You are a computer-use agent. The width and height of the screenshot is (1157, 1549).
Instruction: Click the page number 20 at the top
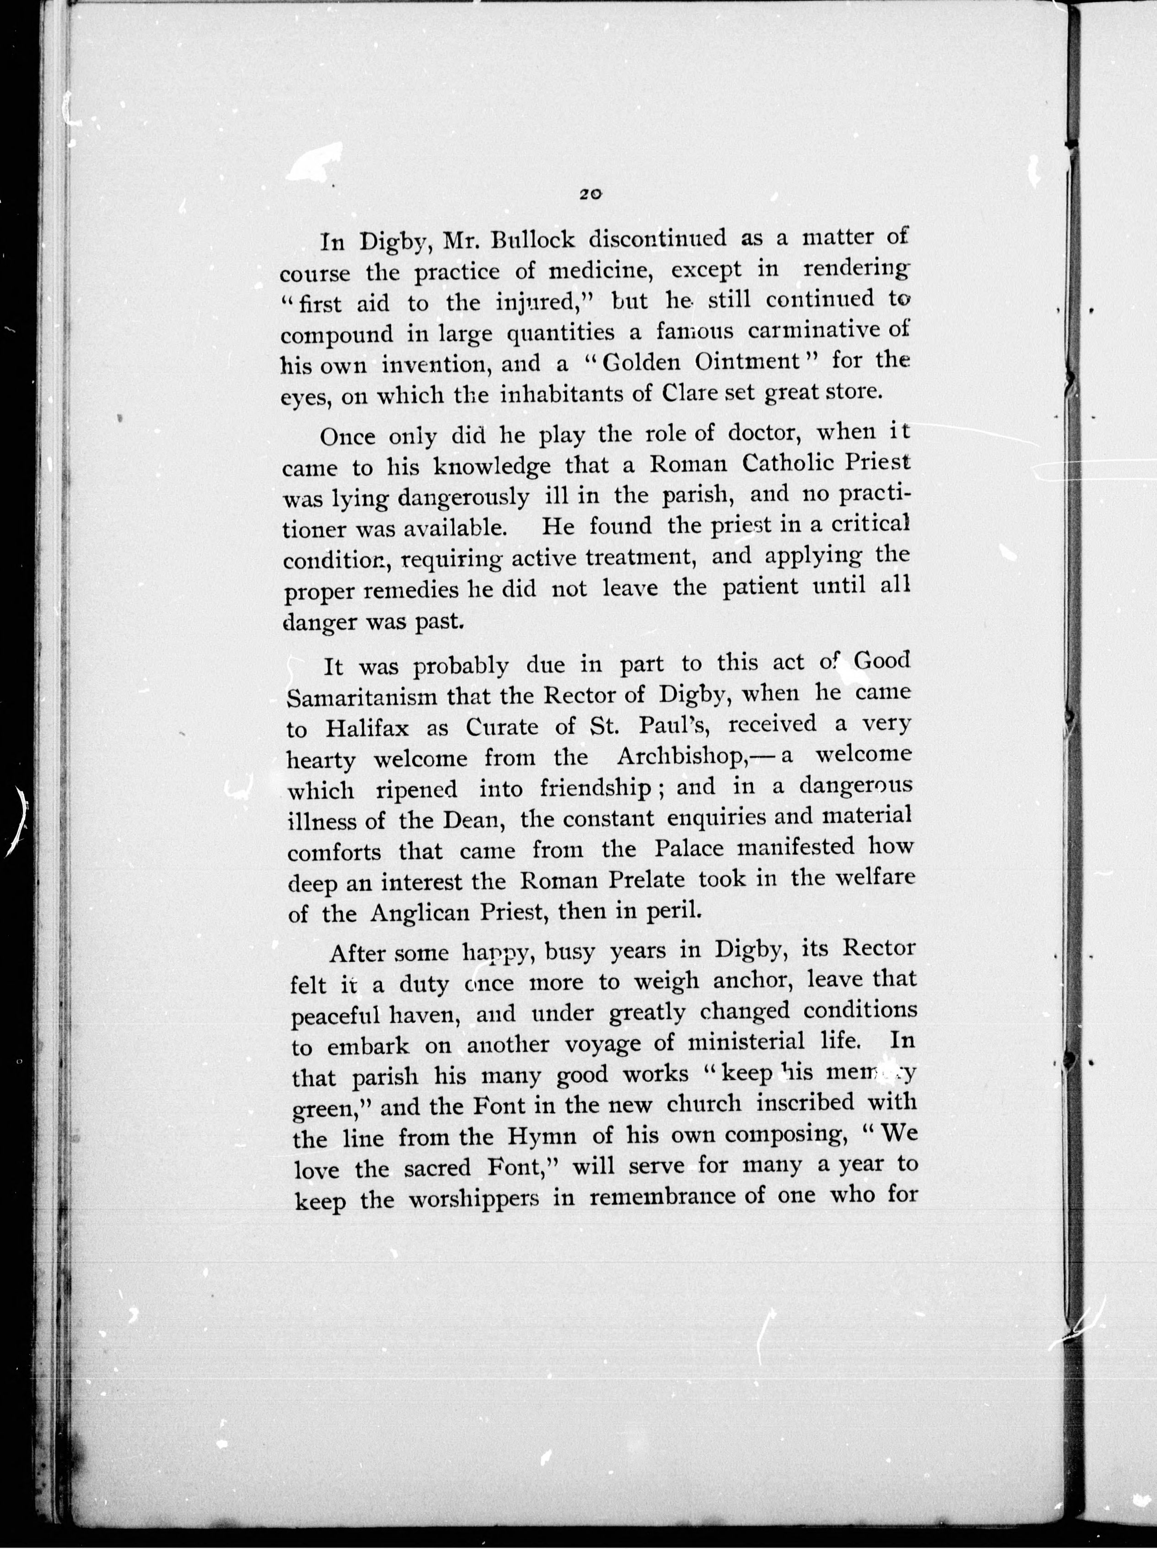tap(590, 195)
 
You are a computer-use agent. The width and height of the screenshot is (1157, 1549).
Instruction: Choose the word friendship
tap(595, 789)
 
